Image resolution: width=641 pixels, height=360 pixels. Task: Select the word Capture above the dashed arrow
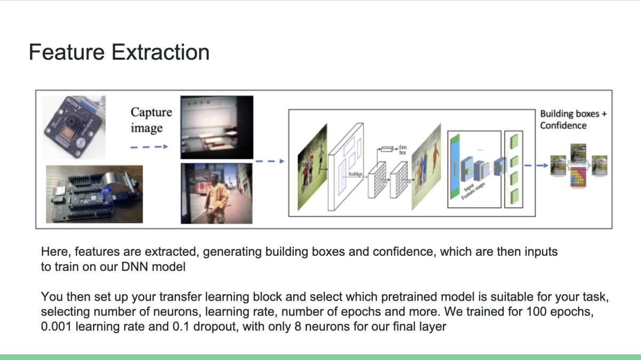(x=152, y=112)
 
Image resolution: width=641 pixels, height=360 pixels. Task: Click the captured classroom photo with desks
(x=216, y=126)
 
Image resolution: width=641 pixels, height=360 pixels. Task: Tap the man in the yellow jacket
(x=217, y=194)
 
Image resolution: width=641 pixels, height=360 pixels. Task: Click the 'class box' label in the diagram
(x=402, y=149)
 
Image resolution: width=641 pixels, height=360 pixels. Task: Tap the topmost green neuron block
(x=515, y=142)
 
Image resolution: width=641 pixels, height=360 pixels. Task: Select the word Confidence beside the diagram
(x=563, y=126)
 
